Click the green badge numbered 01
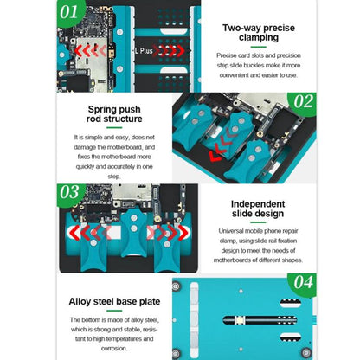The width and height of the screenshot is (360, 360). coord(70,12)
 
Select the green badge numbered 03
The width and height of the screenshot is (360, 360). coord(70,194)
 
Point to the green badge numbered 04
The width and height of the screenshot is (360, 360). coord(303,283)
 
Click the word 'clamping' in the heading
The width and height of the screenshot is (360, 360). coord(259,38)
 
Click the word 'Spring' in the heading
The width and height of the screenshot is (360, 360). coord(100,110)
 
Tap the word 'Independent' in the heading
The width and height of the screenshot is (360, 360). coord(258,204)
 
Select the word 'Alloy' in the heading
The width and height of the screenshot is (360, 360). coord(79,302)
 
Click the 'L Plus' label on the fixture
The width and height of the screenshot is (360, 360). coord(144,51)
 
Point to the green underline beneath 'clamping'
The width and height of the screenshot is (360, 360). coord(259,47)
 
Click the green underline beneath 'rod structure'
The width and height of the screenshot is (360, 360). coord(114,127)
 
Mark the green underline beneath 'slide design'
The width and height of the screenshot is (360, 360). coord(258,222)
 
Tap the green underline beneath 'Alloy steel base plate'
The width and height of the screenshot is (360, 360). coord(114,311)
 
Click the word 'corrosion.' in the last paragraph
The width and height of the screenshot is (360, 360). coord(114,349)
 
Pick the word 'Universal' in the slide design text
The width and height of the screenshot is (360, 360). coord(230,231)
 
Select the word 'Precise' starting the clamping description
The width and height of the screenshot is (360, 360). coord(226,55)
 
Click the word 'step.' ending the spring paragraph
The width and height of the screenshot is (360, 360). coord(114,177)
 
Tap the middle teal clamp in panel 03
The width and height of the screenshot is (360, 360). coord(133,233)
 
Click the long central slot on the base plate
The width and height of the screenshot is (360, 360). coord(260,320)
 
